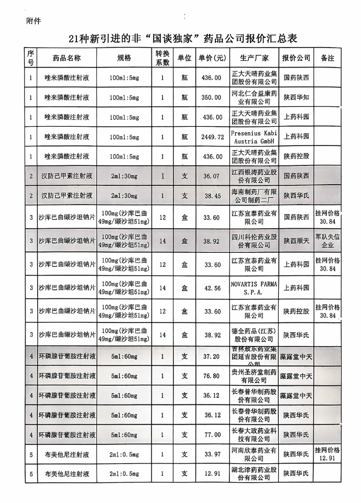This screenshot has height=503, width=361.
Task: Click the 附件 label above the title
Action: (33, 21)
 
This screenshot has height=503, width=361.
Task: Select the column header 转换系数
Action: (162, 58)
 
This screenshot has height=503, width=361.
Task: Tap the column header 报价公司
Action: (296, 58)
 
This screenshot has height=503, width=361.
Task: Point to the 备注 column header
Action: (327, 58)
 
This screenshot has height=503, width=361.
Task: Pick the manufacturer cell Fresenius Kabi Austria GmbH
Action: (254, 137)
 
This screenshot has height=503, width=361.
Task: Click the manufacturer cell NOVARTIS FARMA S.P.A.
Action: (254, 287)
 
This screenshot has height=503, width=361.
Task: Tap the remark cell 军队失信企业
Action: (327, 241)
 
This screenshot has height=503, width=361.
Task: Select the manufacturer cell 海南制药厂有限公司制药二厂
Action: (254, 195)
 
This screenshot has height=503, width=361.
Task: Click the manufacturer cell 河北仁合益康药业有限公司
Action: (254, 97)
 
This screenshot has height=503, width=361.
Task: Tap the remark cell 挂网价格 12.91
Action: (327, 454)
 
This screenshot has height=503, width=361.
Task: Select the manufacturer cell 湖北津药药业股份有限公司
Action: (254, 474)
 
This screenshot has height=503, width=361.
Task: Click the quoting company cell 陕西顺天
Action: (296, 241)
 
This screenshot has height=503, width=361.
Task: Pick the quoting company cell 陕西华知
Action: (296, 97)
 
